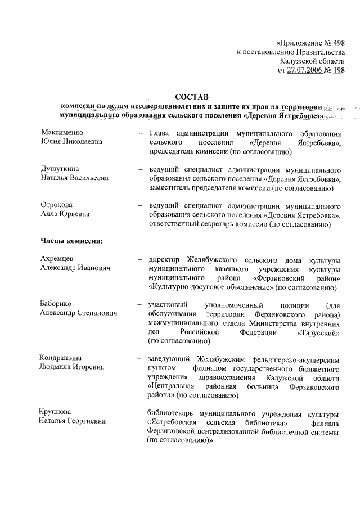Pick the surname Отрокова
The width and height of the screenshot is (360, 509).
point(57,205)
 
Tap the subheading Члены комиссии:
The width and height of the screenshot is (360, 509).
point(71,241)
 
